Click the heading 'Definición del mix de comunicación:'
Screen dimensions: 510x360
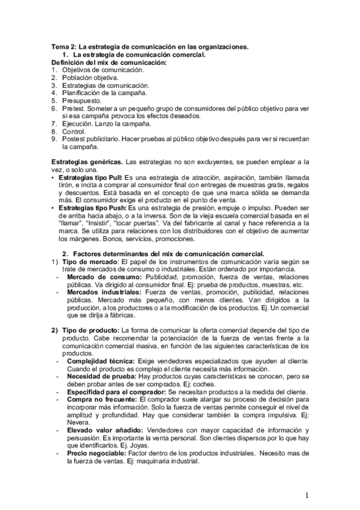[x=109, y=63]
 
